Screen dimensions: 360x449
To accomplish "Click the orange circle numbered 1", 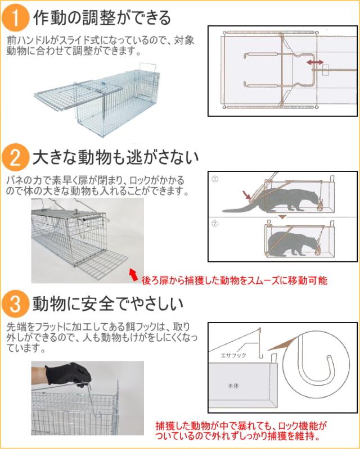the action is coord(15,17).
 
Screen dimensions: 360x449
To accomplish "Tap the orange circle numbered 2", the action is coord(15,157).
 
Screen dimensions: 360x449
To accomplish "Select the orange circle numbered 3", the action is coord(15,303).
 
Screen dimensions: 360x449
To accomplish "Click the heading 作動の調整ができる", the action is coord(102,17).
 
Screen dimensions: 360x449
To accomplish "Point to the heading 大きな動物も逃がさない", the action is coord(116,157).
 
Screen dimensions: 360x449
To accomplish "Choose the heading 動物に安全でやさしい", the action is coord(108,303).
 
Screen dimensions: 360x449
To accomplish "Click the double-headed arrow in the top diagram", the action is coord(315,62).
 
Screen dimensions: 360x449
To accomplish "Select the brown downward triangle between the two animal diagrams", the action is coord(282,217).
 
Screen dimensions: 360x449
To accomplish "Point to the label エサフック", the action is coord(233,355).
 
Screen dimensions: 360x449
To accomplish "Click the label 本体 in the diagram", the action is coord(233,386).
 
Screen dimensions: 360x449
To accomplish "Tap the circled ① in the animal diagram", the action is coord(215,179).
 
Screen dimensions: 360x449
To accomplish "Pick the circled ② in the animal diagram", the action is coord(215,223).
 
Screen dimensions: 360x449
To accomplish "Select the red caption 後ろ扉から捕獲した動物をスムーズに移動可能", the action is coord(235,280).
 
